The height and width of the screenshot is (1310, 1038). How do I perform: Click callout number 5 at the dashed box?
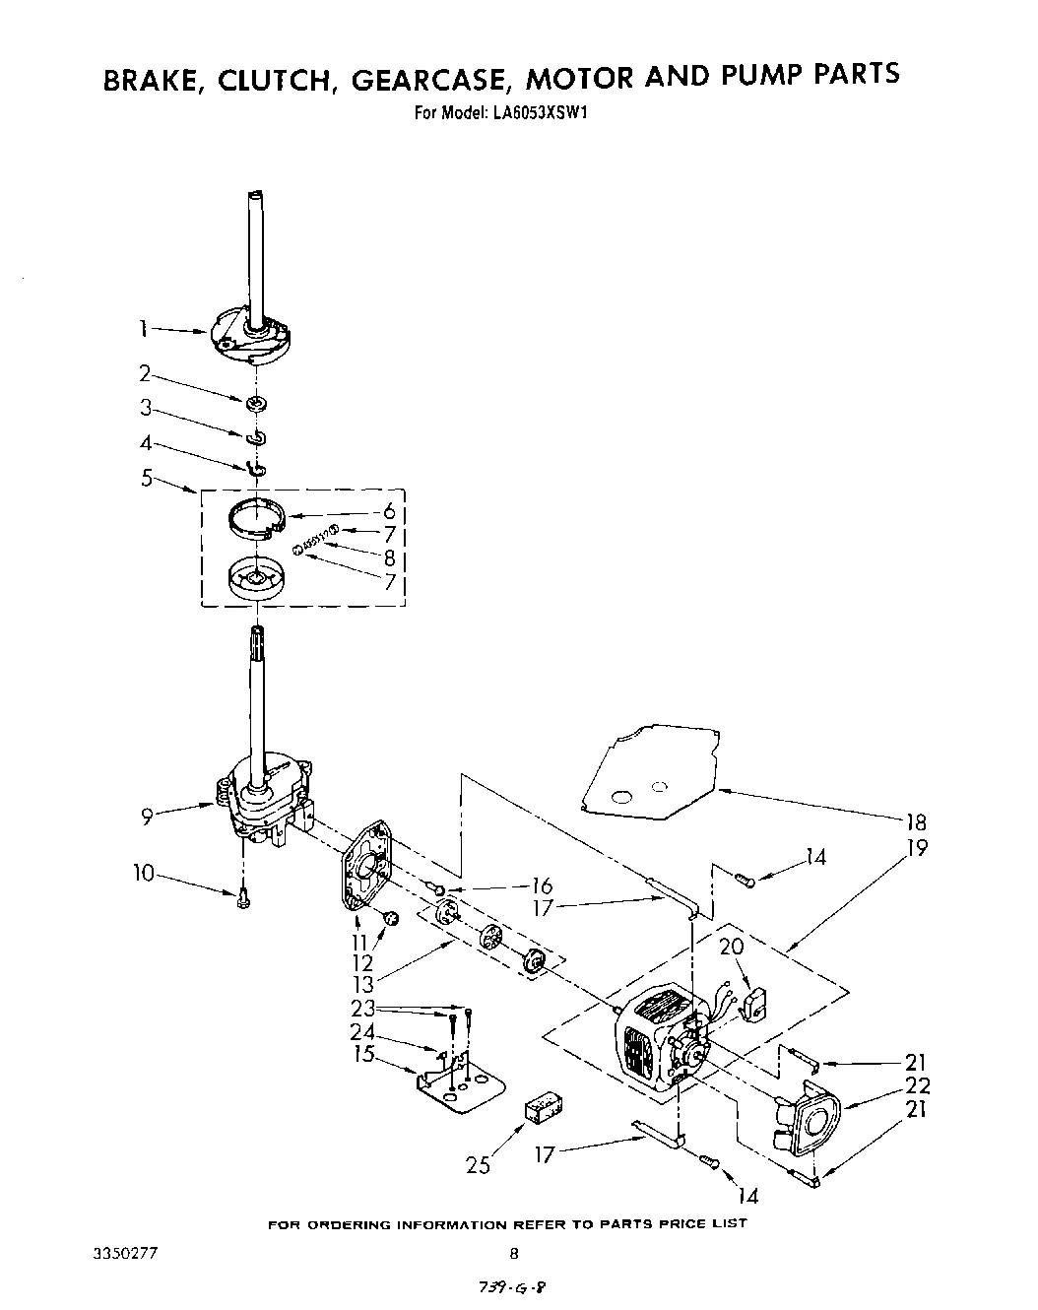148,479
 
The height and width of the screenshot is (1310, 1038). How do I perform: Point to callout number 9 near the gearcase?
147,814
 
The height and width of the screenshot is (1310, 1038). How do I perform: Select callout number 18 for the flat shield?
915,823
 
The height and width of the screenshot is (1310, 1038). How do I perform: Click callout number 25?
479,1166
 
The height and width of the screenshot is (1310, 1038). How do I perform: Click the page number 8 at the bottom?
513,1254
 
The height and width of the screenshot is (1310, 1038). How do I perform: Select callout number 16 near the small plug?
541,885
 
